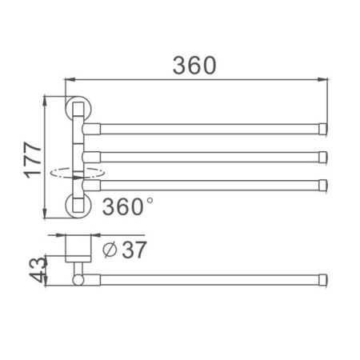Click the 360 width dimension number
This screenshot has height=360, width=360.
coord(193,65)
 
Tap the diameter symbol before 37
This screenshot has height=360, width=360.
coord(110,250)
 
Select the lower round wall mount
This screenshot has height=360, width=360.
coord(78,205)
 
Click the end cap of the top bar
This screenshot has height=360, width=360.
coord(324,127)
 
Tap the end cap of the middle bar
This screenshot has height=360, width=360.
coord(324,156)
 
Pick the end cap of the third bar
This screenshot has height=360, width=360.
coord(324,185)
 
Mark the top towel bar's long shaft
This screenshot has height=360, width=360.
coord(208,127)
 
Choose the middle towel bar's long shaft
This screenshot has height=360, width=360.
coord(208,156)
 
